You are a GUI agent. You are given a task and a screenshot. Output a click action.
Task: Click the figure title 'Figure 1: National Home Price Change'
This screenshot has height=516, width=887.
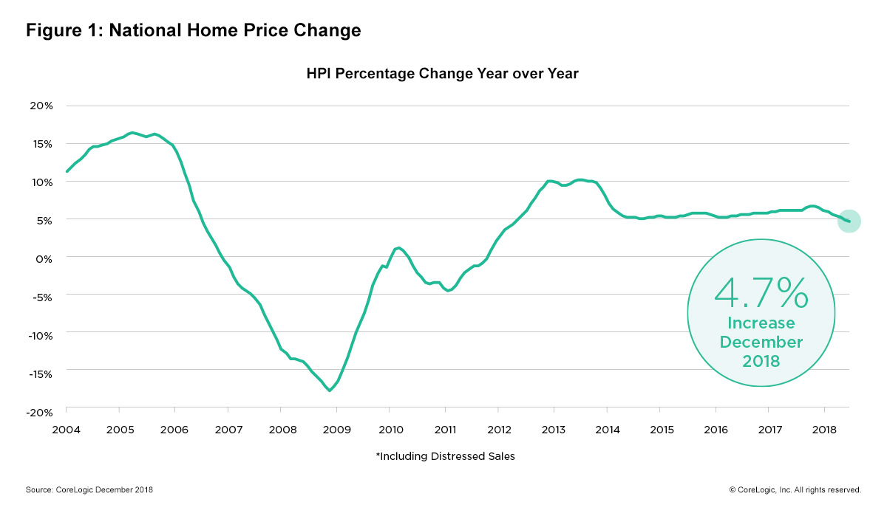click(193, 31)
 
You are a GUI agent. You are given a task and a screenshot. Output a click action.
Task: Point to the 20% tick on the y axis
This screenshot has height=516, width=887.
click(41, 106)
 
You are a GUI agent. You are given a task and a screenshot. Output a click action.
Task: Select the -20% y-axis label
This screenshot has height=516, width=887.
click(39, 411)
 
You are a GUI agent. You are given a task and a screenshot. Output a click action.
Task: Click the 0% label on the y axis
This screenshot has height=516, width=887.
click(45, 258)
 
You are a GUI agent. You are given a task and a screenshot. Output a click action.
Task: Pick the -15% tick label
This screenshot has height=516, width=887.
click(39, 374)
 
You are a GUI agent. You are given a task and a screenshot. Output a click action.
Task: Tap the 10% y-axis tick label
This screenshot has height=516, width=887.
click(41, 182)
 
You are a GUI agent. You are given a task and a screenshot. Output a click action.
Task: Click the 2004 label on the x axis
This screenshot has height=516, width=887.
click(66, 429)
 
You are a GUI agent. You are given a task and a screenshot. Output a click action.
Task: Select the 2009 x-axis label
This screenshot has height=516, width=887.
click(336, 429)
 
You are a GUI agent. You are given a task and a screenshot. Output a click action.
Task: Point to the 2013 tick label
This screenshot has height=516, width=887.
click(553, 429)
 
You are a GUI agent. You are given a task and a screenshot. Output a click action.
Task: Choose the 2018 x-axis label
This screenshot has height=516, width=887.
click(823, 429)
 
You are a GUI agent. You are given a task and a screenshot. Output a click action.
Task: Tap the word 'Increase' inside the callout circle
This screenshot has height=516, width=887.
click(761, 323)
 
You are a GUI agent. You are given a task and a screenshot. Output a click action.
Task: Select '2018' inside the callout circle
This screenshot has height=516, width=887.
click(761, 361)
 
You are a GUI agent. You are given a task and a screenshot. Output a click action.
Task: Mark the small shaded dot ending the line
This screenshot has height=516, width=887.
click(849, 221)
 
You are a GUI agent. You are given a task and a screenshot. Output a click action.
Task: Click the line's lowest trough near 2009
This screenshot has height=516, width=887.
click(330, 390)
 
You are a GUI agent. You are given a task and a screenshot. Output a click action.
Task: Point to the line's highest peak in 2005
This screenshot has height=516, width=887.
click(132, 133)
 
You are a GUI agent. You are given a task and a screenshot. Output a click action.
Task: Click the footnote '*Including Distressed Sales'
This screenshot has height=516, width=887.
click(445, 456)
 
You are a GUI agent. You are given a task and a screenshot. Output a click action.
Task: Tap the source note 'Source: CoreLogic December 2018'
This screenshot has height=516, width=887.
click(89, 489)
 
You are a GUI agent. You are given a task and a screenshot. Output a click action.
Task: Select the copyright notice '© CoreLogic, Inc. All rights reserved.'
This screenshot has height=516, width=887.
click(795, 489)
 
